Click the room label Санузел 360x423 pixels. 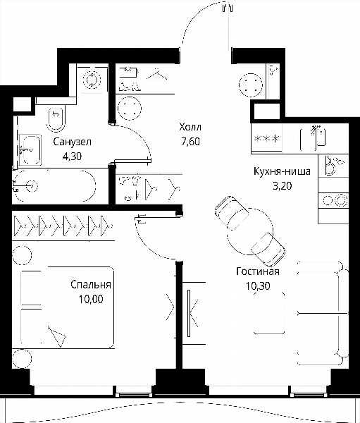pos(73,142)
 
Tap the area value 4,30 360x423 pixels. pos(72,157)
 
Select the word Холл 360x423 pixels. pos(190,127)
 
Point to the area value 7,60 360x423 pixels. pos(191,142)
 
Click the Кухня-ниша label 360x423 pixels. pos(282,171)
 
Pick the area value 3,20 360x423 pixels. pos(283,186)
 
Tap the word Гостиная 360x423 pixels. pos(258,271)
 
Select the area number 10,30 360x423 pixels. pos(258,286)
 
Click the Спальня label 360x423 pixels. pos(91,285)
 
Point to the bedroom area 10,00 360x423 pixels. pos(91,299)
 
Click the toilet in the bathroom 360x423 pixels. pos(56,120)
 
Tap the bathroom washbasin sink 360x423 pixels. pos(30,149)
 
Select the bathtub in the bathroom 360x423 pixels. pos(55,186)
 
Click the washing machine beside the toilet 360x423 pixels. pos(92,79)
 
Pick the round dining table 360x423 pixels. pos(250,231)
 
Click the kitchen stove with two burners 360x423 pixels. pos(333,200)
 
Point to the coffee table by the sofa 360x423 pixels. pos(269,313)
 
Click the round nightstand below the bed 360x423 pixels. pos(22,359)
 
